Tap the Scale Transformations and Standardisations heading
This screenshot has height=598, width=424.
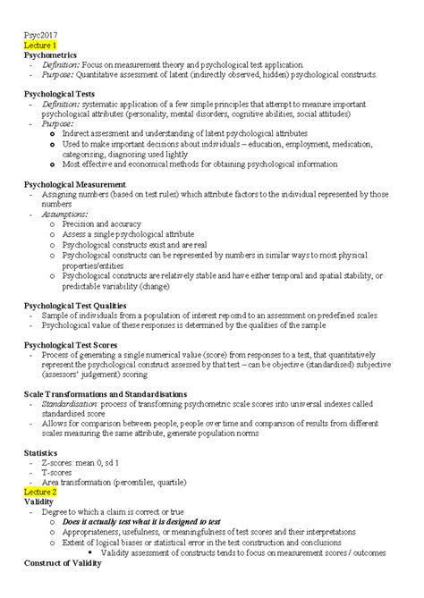click(105, 393)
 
